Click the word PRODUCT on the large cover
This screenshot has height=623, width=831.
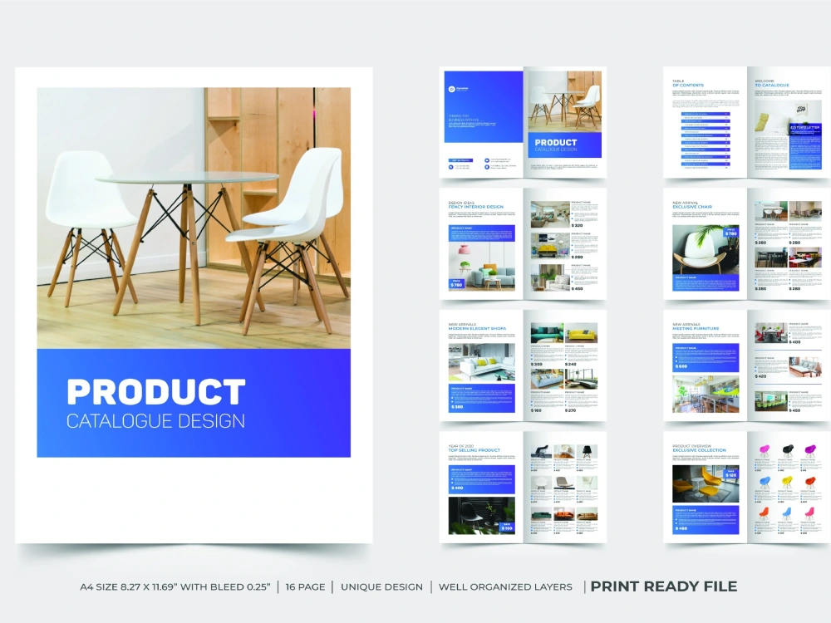155,392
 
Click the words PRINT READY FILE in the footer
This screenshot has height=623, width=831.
663,586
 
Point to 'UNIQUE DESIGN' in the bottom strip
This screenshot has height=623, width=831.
381,586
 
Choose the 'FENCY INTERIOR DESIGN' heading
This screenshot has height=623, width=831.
475,207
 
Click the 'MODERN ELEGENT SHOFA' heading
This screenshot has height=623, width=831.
477,329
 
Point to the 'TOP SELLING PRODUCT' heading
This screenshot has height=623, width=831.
474,451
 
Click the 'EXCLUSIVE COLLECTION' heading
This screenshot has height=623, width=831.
699,451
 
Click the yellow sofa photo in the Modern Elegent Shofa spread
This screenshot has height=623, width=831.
582,333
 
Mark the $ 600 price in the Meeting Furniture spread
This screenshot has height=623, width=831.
682,366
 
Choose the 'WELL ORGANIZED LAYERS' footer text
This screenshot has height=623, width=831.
505,586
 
